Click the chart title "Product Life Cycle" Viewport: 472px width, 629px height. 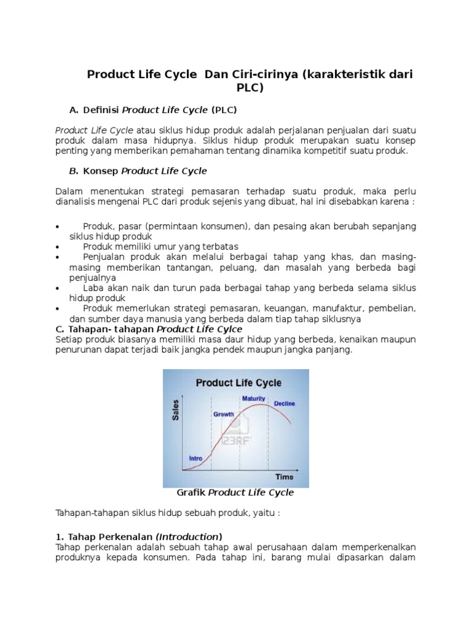(x=238, y=383)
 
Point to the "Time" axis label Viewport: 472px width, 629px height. (x=284, y=477)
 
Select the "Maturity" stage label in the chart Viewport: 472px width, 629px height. (x=253, y=399)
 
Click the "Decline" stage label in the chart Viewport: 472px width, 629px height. (x=284, y=404)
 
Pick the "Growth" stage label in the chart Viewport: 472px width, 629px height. (x=223, y=415)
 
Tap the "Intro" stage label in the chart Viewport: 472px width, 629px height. (x=195, y=458)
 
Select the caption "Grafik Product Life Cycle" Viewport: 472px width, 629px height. (x=235, y=493)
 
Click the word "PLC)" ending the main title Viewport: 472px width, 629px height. (x=250, y=88)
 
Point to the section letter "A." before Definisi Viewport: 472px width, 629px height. (x=74, y=110)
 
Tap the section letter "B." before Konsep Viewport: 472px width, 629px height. (x=74, y=171)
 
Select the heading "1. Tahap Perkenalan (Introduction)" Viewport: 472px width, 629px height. (x=139, y=519)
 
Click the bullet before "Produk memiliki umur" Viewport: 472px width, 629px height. (x=57, y=247)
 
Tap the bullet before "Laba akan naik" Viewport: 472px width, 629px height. (x=57, y=288)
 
